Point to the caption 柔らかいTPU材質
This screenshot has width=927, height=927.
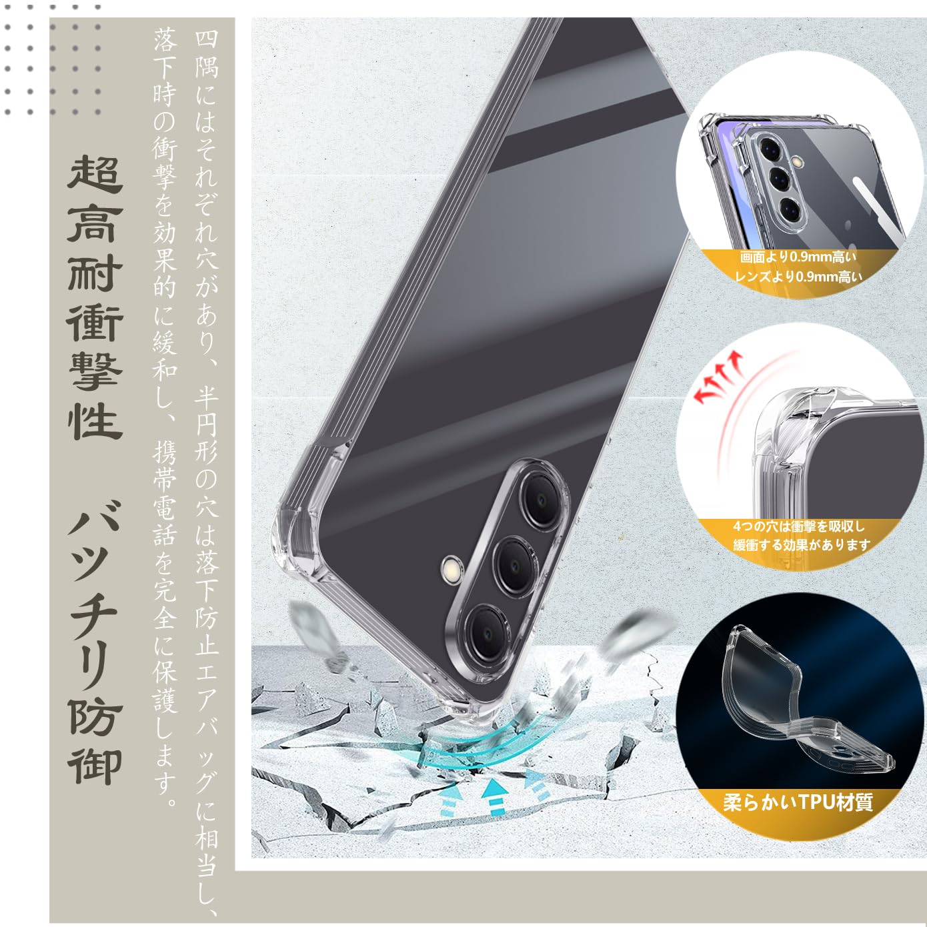pyautogui.click(x=798, y=802)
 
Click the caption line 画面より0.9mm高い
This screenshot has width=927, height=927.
pyautogui.click(x=798, y=257)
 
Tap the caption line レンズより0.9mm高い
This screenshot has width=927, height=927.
pyautogui.click(x=798, y=276)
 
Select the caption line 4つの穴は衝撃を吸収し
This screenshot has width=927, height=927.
pyautogui.click(x=798, y=526)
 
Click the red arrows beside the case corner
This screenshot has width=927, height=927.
pyautogui.click(x=719, y=377)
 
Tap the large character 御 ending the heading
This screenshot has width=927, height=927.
pyautogui.click(x=95, y=768)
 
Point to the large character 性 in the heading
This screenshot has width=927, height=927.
pyautogui.click(x=95, y=420)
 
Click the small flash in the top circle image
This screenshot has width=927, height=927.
pyautogui.click(x=798, y=161)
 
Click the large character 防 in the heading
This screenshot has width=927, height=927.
pyautogui.click(x=95, y=718)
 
